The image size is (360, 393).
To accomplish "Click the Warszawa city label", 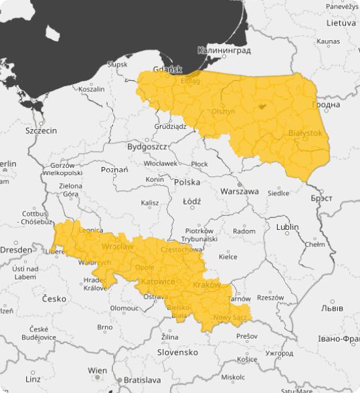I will [239, 191].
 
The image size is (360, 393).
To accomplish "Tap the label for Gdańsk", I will [167, 69].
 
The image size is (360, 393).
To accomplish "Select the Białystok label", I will [304, 134].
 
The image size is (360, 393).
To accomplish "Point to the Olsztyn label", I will [223, 112].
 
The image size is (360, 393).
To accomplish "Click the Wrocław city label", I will [117, 246].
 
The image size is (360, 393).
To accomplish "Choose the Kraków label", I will [206, 285].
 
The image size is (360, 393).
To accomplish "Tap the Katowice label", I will [158, 281].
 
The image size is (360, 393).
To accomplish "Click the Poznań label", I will [114, 170].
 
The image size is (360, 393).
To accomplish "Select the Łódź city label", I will [191, 201].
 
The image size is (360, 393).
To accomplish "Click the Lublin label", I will [287, 227].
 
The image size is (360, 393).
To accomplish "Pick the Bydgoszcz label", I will [147, 146].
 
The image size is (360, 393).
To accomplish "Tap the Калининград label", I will [224, 50].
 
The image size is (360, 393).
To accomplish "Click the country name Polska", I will [187, 182].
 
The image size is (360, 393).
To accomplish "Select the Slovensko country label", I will [177, 352].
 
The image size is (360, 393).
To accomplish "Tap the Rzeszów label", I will [270, 298].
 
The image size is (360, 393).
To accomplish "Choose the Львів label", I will [332, 308].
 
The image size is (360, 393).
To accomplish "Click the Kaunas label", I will [328, 41].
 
